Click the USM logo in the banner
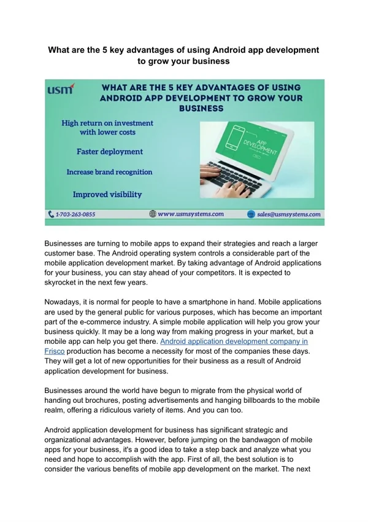point(61,90)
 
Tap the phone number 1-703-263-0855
point(76,215)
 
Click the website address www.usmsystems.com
point(191,214)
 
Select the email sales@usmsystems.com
point(288,215)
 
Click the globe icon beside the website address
point(153,214)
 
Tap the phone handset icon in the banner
point(52,215)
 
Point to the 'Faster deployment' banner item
point(109,151)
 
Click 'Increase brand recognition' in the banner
point(109,173)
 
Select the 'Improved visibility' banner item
point(107,194)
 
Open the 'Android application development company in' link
point(234,340)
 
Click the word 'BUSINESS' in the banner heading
point(201,107)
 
